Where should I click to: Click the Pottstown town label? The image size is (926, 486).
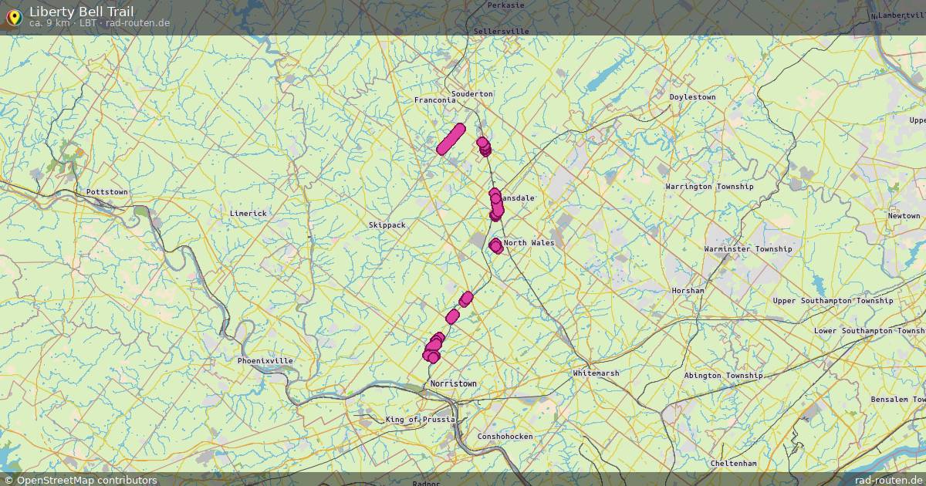[107, 191]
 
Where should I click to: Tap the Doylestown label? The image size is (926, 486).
[692, 97]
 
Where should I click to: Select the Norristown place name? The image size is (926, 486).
[454, 383]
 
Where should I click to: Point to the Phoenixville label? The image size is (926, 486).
[265, 360]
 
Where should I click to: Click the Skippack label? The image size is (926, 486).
[387, 224]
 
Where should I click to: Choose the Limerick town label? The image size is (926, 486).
[248, 213]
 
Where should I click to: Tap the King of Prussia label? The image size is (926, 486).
[421, 420]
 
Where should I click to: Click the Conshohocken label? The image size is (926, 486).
[505, 436]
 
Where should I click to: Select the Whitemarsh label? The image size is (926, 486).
[596, 373]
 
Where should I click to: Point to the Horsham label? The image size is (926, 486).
[688, 291]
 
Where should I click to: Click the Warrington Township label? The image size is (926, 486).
[709, 187]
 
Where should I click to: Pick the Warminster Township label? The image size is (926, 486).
[748, 249]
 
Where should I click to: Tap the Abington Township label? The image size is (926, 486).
[723, 376]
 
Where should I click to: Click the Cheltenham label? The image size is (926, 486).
[734, 463]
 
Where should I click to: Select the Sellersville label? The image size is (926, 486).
[502, 31]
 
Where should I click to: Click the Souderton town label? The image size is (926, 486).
[471, 94]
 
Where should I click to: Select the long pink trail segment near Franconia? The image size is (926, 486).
[451, 139]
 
